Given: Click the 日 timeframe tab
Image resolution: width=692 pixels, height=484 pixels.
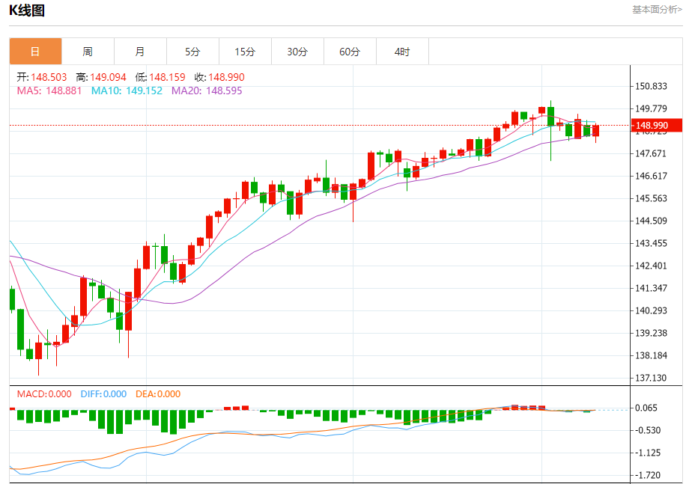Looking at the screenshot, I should tap(35, 52).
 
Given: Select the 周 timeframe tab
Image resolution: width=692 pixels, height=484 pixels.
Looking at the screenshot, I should tap(88, 52).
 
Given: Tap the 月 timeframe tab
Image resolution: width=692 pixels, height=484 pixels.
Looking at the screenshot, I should tap(140, 52).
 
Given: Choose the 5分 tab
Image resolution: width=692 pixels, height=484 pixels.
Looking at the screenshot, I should tap(192, 52).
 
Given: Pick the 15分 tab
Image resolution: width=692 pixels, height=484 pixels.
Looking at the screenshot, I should tap(245, 52).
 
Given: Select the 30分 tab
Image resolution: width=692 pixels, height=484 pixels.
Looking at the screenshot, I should tap(297, 52).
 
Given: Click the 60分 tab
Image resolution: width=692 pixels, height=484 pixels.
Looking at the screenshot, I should tap(350, 52).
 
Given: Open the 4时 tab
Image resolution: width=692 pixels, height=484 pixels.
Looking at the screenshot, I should tap(402, 52).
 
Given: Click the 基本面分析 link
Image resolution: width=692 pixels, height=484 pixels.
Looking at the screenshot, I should tap(657, 10).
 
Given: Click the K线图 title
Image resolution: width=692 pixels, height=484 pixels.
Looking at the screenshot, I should tap(28, 10).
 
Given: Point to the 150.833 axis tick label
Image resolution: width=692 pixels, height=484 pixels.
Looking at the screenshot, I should tap(651, 86).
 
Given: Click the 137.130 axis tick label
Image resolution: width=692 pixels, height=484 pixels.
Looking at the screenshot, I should tap(651, 378).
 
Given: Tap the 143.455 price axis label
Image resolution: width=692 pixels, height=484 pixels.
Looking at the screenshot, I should tap(651, 243).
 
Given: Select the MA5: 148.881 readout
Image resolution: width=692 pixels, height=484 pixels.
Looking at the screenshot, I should tap(50, 91).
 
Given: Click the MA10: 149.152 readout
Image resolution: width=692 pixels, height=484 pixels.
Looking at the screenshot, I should tap(127, 91).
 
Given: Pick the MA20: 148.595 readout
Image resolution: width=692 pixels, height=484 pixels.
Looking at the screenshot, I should tap(207, 91).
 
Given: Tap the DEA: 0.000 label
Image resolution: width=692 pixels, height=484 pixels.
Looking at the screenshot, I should tap(158, 394).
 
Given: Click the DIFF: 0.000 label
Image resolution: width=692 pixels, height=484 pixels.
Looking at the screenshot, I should tap(104, 394).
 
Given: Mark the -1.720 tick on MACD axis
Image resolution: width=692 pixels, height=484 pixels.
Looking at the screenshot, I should tap(649, 475).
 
